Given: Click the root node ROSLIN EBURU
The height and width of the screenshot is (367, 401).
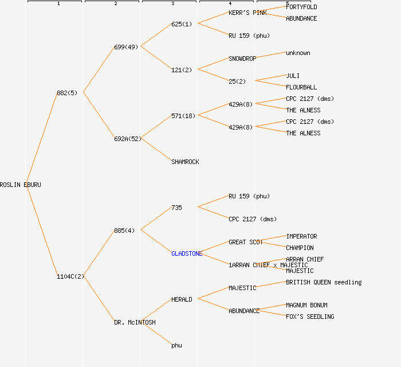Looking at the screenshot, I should click(21, 185).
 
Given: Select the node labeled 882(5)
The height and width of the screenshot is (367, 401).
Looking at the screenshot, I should click(67, 93).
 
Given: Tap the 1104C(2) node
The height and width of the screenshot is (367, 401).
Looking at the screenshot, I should click(70, 276).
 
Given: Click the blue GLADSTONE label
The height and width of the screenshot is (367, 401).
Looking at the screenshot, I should click(187, 253).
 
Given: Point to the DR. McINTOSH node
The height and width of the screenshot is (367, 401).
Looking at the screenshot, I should click(135, 322).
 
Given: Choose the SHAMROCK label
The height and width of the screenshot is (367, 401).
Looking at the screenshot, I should click(185, 162).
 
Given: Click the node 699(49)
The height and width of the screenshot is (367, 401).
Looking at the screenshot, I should click(126, 47).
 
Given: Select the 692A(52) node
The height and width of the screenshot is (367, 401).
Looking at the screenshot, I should click(128, 139).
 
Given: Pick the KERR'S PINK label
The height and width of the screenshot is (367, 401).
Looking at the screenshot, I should click(247, 13).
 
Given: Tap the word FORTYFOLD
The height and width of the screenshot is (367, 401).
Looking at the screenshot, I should click(301, 7).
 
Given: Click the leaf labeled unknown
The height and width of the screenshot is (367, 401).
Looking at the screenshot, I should click(298, 53).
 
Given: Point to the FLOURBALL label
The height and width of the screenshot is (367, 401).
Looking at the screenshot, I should click(301, 87).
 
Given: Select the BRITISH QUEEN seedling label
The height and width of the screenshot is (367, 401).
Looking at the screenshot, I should click(324, 282).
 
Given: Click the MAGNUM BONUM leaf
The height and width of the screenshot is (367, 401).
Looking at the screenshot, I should click(306, 305).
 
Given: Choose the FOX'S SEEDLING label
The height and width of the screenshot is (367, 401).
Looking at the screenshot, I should click(310, 317).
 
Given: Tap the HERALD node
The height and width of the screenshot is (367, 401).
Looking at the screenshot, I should click(182, 299).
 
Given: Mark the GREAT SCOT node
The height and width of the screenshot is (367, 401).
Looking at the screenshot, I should click(246, 242).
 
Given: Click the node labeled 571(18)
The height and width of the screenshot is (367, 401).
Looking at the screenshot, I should click(183, 116).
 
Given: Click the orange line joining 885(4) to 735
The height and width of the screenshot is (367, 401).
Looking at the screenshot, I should click(155, 219).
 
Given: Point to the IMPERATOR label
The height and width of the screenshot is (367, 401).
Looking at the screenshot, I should click(301, 236).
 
